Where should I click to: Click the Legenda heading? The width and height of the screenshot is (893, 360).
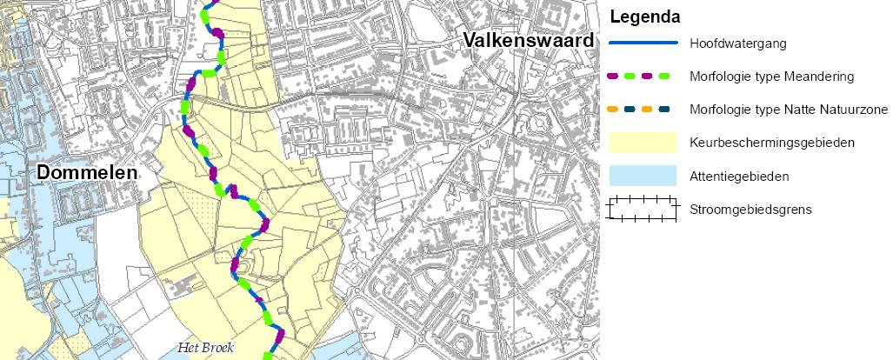coord(645,17)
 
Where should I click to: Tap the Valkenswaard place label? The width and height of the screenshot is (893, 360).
coord(529,40)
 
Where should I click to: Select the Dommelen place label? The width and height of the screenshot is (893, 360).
coord(87,173)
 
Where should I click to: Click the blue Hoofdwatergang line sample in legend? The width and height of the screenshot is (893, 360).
coord(642,43)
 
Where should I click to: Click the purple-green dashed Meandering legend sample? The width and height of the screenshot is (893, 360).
coord(642,77)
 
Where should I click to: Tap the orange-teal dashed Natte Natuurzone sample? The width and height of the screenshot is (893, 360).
coord(642,110)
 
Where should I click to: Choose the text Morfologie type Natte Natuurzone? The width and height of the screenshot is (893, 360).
coord(788,110)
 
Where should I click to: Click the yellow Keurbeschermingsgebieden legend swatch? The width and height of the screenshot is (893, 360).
coord(642,143)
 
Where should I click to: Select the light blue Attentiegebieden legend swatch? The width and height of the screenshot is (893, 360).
coord(642,176)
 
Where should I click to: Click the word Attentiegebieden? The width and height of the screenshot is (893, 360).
coord(739,177)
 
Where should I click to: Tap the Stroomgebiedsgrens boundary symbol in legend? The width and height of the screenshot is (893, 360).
coord(642,210)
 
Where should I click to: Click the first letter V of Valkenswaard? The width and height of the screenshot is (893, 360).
coord(470,40)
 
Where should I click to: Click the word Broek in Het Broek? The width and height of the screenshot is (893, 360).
coord(212,348)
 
